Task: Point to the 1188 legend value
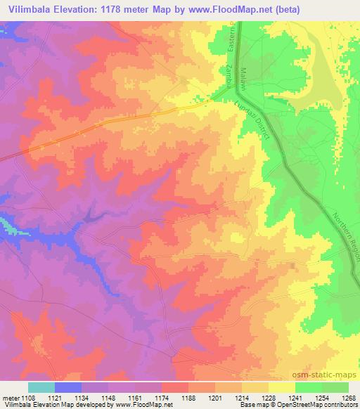click(188, 397)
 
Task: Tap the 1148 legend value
click(109, 397)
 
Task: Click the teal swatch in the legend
click(41, 387)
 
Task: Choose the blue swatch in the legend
click(67, 387)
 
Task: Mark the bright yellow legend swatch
click(281, 387)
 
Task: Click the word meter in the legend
click(10, 397)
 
